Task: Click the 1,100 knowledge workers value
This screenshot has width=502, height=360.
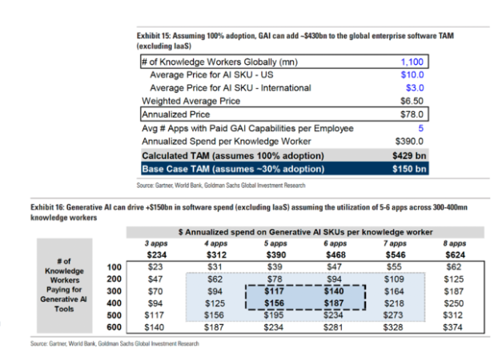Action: pos(413,61)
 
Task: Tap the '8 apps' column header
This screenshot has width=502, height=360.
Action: pos(454,243)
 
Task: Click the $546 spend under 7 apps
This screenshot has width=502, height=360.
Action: pos(395,254)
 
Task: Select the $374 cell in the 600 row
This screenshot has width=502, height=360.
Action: pos(455,327)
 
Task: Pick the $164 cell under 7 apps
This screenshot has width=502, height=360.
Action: pos(396,290)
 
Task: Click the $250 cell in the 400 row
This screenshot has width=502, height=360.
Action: pos(455,303)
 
